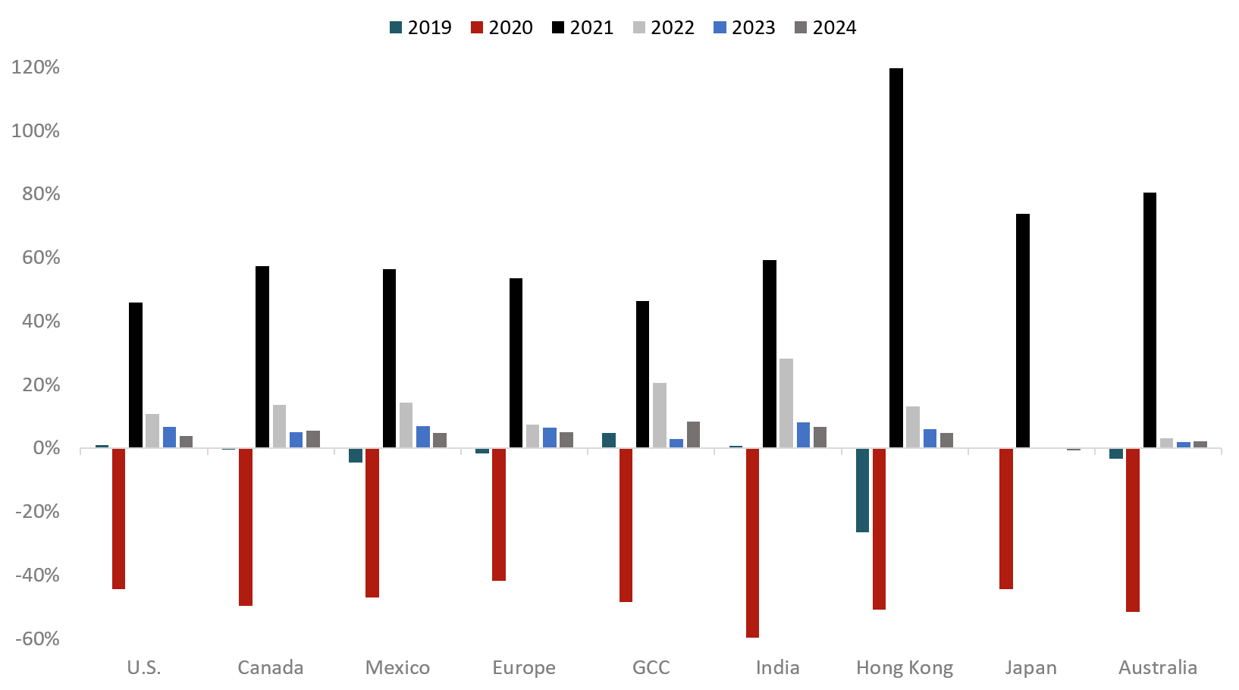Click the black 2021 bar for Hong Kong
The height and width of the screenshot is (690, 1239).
click(x=896, y=258)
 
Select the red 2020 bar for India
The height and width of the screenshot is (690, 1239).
click(x=752, y=543)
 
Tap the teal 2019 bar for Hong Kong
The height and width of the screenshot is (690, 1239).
click(x=862, y=490)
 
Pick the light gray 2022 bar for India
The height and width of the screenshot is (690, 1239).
click(x=786, y=403)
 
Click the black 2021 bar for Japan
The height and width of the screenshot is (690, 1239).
click(x=1023, y=331)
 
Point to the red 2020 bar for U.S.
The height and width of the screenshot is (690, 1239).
click(x=118, y=519)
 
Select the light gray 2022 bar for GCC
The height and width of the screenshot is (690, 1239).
click(x=660, y=416)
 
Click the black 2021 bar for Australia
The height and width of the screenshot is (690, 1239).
click(x=1150, y=320)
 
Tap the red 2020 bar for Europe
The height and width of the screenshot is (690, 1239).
click(x=498, y=514)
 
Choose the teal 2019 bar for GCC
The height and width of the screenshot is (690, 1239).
click(x=609, y=441)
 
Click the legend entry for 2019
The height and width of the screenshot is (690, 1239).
click(x=421, y=28)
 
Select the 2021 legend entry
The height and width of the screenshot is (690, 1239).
click(x=582, y=28)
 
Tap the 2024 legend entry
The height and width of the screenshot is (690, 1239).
click(x=825, y=28)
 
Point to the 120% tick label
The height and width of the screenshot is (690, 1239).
click(x=36, y=67)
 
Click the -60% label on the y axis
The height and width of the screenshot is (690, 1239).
click(x=37, y=638)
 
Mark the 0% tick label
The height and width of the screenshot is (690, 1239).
click(x=46, y=448)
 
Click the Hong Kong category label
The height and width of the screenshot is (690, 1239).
click(x=905, y=668)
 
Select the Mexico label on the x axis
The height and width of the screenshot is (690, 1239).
click(x=397, y=668)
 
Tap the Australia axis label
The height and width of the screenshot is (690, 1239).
click(x=1158, y=668)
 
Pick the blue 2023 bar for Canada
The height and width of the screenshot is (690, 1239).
click(x=296, y=440)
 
